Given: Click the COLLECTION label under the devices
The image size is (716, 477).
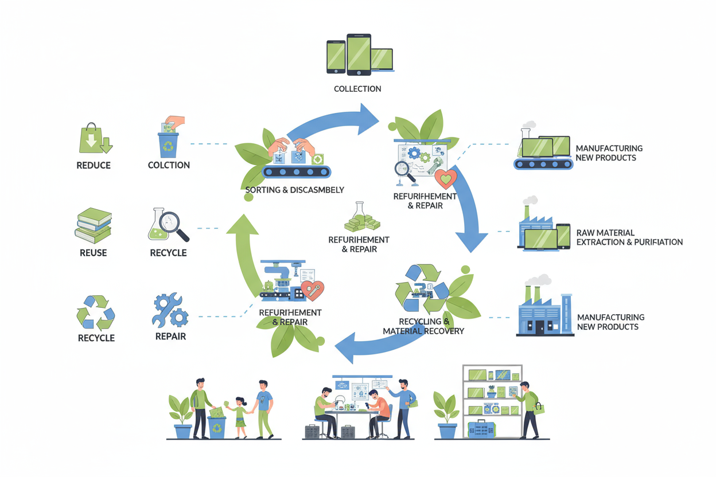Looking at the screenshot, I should click(x=357, y=89).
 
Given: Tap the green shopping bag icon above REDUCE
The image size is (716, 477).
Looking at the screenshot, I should click(x=94, y=139).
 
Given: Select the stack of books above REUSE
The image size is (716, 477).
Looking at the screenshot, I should click(x=94, y=226).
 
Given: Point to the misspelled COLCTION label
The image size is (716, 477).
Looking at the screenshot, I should click(x=169, y=165).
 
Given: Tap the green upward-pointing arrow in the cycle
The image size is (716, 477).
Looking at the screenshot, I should click(x=243, y=252).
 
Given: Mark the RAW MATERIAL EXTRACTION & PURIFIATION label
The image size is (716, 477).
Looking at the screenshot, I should click(x=629, y=237).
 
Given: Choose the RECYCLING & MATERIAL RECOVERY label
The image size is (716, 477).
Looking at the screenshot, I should click(x=423, y=326).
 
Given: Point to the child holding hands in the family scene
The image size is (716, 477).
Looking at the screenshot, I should click(x=240, y=416).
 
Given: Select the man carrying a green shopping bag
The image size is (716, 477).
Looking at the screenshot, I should click(x=529, y=408).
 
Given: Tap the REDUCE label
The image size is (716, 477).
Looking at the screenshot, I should click(x=94, y=166).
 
